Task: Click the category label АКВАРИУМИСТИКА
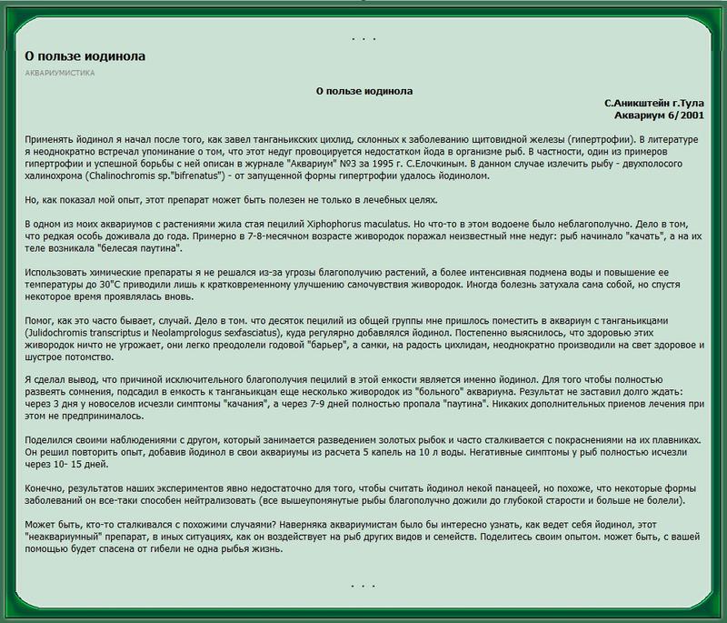60,73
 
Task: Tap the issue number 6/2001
683,116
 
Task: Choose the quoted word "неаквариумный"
63,539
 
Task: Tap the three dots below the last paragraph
363,583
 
